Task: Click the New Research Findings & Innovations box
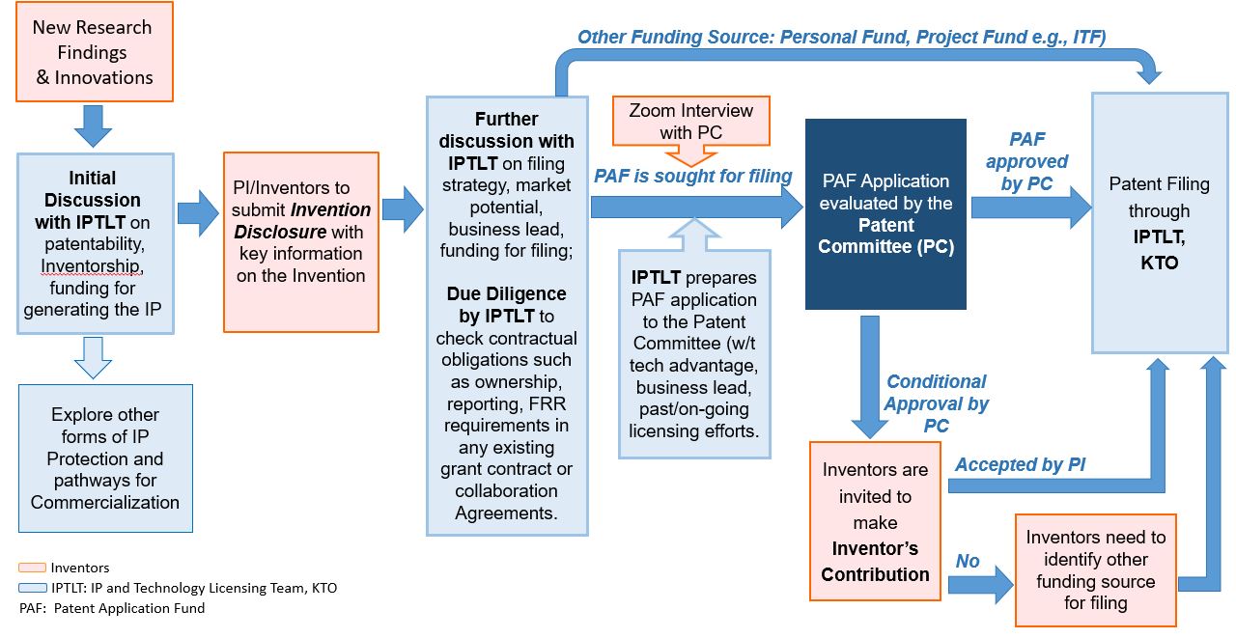[x=93, y=52]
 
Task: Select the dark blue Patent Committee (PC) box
[x=885, y=213]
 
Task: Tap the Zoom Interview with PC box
[x=690, y=121]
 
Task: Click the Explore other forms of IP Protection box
[x=105, y=458]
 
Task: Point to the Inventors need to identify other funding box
[x=1095, y=569]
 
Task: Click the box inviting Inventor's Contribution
[x=875, y=521]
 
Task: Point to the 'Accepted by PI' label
[x=1020, y=464]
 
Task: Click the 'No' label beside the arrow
[x=967, y=561]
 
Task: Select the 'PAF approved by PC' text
[x=1025, y=162]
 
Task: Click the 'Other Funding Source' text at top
[x=840, y=38]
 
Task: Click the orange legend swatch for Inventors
[x=32, y=568]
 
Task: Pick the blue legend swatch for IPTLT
[x=32, y=587]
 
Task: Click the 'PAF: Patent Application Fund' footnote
[x=111, y=608]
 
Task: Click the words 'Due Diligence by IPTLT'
[x=506, y=304]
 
